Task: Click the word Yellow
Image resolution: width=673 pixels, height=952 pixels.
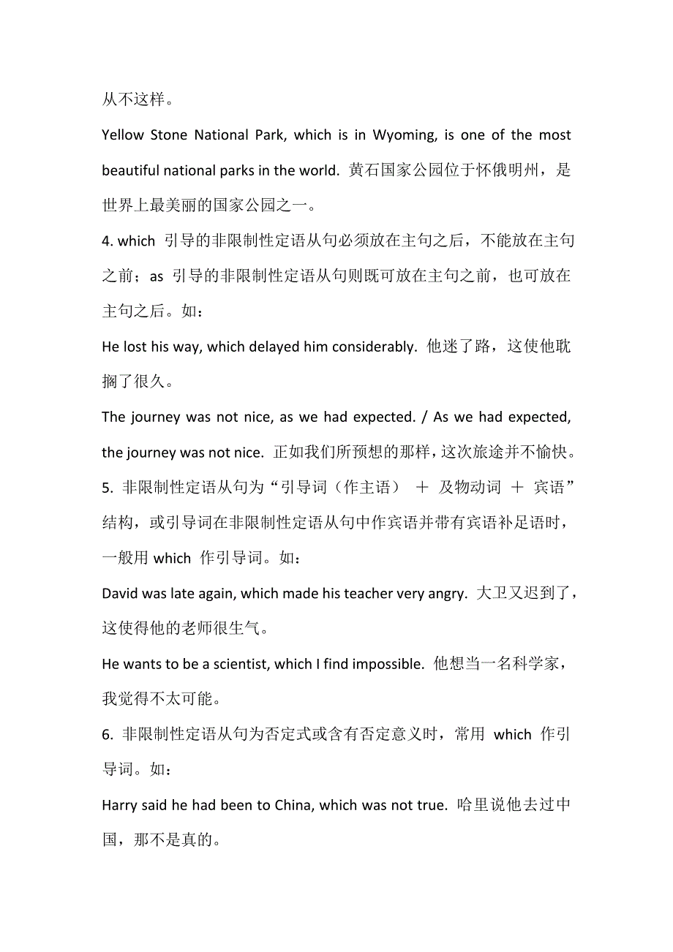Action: (x=123, y=135)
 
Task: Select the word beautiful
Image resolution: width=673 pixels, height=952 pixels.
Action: (x=131, y=171)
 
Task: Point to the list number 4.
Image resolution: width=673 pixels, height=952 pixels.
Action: (x=106, y=241)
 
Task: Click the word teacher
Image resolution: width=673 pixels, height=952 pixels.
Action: (x=368, y=594)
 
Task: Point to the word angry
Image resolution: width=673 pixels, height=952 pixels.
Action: (x=445, y=594)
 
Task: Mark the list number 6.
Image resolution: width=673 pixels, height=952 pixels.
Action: (x=106, y=735)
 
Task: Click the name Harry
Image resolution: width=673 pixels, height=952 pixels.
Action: (x=120, y=806)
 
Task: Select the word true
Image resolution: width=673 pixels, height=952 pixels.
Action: (x=432, y=806)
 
